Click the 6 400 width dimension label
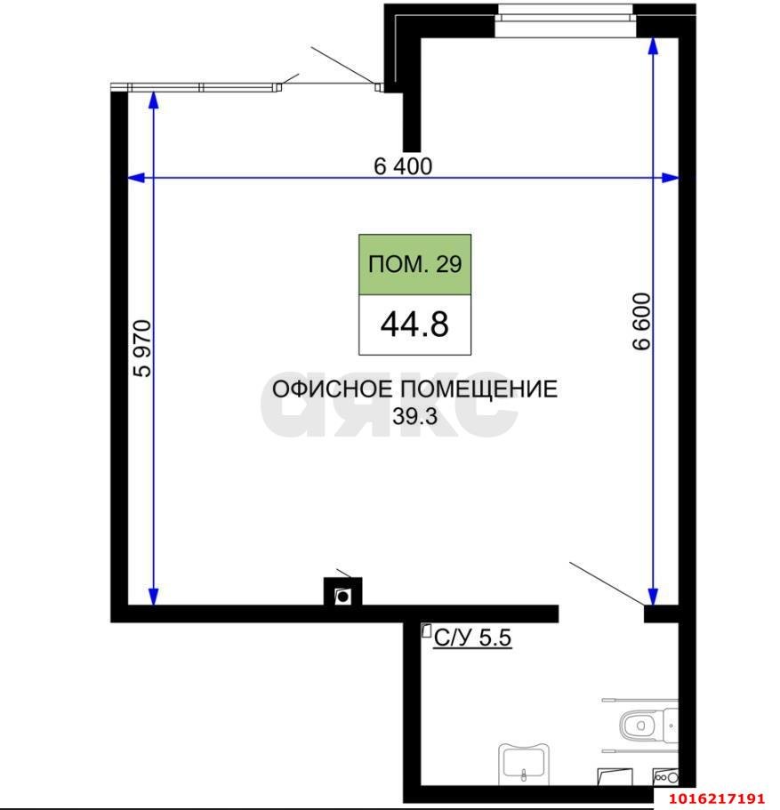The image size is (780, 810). [x=403, y=166]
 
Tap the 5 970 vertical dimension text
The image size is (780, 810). [x=142, y=348]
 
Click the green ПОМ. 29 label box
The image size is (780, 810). [x=414, y=265]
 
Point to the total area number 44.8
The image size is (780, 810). [x=414, y=325]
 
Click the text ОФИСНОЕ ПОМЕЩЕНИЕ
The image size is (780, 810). [x=414, y=389]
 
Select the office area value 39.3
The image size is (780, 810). [x=415, y=415]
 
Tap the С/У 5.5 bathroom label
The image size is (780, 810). [x=472, y=637]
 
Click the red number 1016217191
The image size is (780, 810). [x=717, y=798]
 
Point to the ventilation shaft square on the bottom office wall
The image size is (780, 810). [x=342, y=595]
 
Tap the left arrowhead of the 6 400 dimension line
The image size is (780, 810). [x=136, y=179]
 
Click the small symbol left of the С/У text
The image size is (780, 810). [x=426, y=632]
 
